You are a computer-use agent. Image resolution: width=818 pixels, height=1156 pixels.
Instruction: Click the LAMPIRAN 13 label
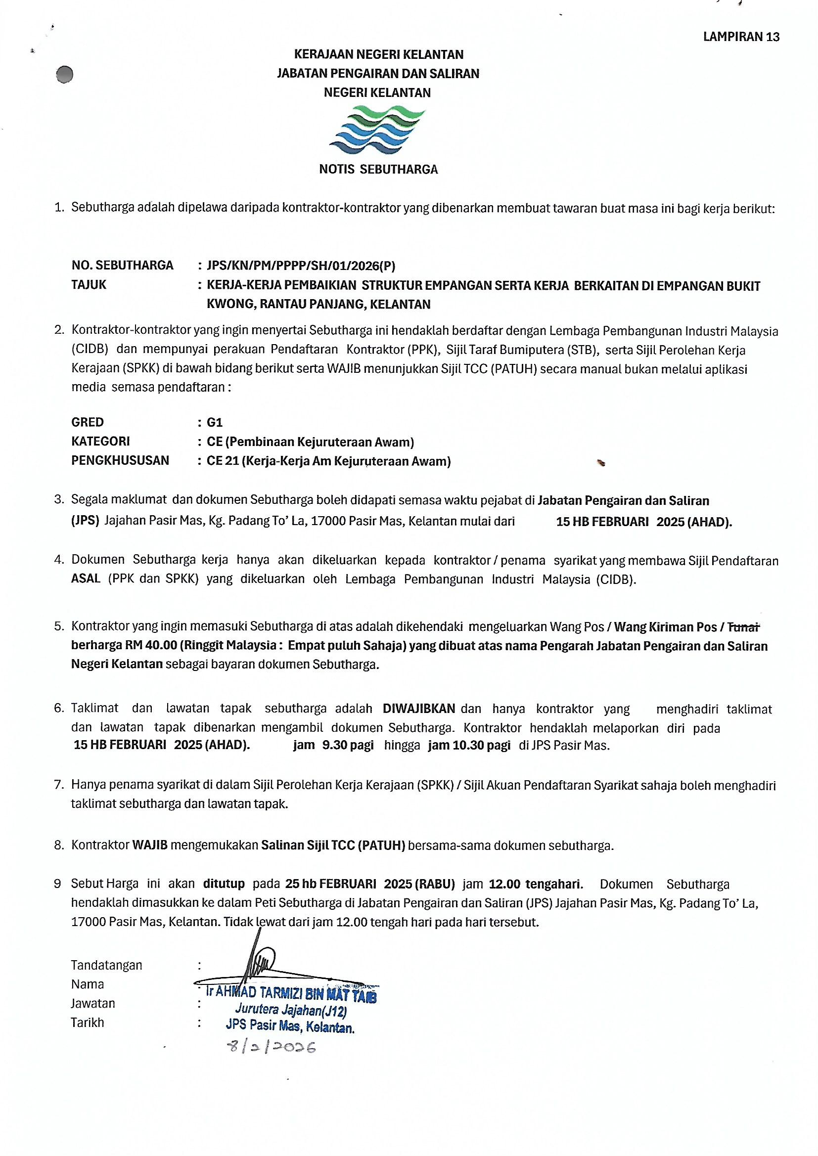coord(741,37)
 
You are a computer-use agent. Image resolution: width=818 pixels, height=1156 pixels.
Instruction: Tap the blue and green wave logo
coord(378,130)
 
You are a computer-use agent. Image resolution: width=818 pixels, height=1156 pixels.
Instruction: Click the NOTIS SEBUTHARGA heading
coord(378,170)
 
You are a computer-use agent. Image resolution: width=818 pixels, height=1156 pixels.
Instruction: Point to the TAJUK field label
coord(89,284)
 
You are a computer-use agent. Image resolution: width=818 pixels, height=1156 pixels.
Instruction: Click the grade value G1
coord(215,422)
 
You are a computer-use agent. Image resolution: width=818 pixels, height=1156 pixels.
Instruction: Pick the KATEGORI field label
coord(101,442)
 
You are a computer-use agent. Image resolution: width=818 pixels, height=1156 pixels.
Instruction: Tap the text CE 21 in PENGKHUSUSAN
coord(223,461)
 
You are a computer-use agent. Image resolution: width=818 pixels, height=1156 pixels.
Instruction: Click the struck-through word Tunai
coord(744,627)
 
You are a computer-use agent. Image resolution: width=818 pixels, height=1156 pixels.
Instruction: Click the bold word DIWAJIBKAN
coord(418,709)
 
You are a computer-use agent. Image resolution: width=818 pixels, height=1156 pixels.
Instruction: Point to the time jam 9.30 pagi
coord(333,745)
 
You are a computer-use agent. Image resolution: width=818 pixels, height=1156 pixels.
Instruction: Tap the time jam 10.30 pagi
coord(469,745)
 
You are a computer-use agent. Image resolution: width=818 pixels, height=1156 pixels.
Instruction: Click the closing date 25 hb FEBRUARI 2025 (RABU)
coord(370,884)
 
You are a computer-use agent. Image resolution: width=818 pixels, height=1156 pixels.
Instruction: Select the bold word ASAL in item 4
coord(86,579)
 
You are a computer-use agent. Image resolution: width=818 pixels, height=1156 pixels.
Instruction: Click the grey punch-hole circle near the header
coord(64,75)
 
